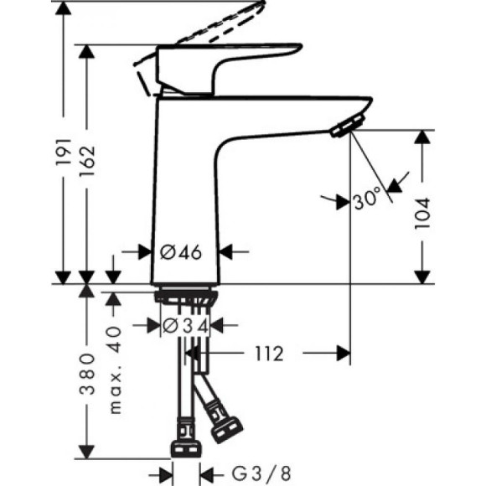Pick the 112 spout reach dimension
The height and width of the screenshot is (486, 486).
266,354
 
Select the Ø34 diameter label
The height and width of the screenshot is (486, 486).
184,325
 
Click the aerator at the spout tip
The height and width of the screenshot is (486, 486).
343,127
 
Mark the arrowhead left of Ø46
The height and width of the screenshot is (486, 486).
143,251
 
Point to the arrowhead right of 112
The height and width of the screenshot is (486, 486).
343,354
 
